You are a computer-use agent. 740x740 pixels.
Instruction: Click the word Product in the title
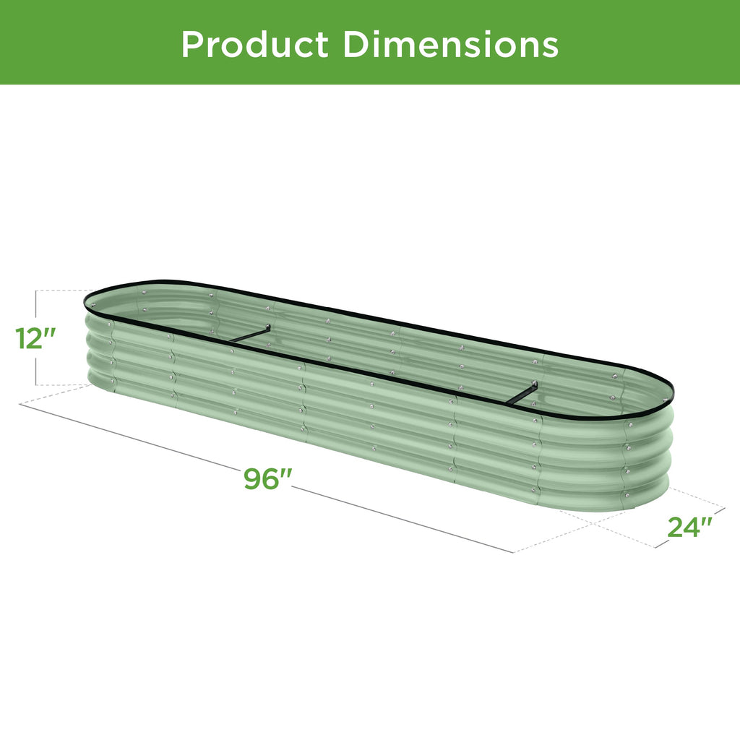coord(254,45)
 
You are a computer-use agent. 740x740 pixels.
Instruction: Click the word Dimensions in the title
coord(450,45)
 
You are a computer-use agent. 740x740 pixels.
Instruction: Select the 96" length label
coord(268,478)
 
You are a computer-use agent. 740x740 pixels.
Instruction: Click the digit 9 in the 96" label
coord(253,479)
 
